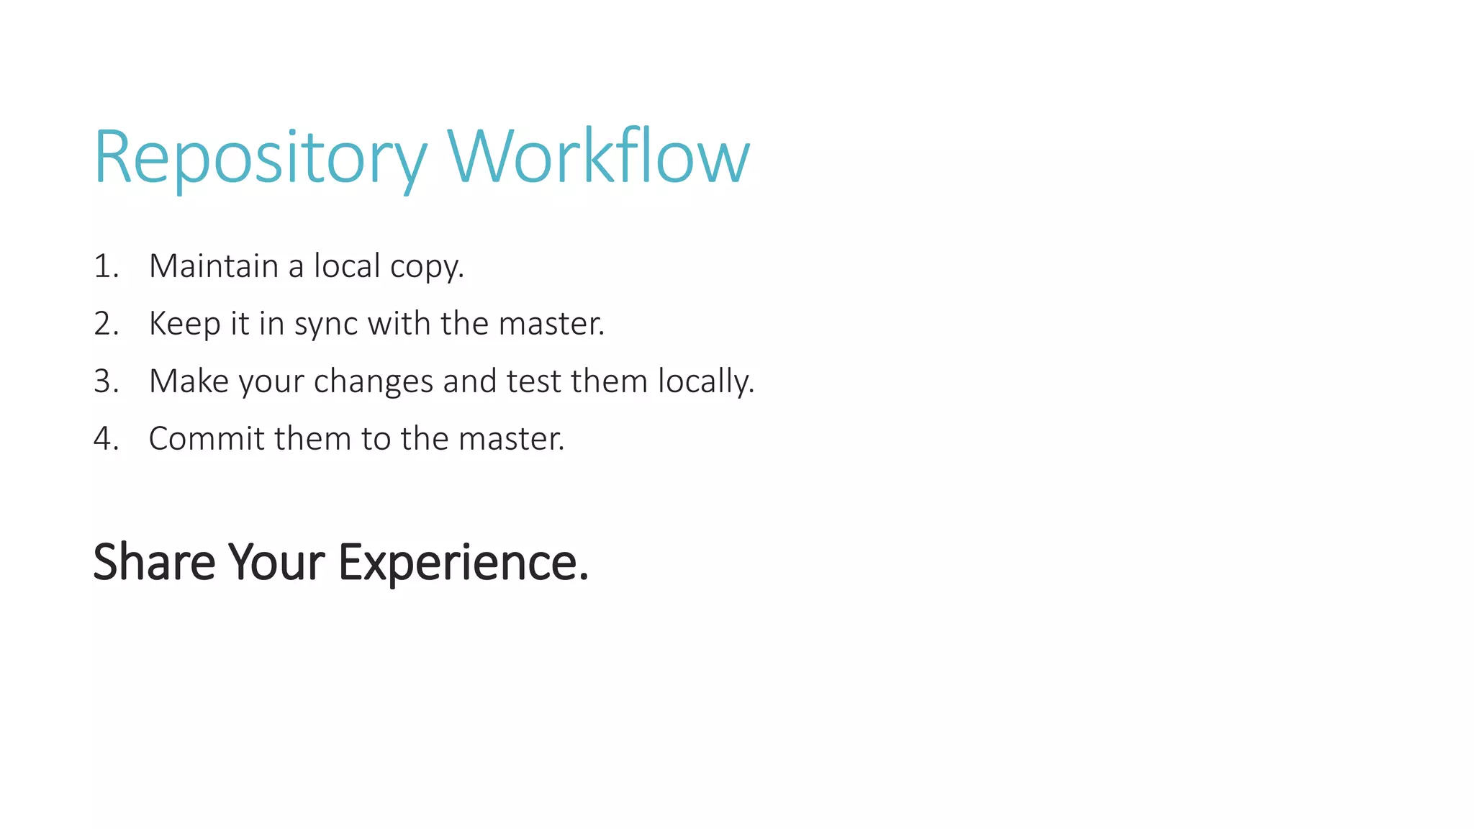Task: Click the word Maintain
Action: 213,266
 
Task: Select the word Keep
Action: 184,324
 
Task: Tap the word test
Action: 533,381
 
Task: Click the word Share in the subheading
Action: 154,562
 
